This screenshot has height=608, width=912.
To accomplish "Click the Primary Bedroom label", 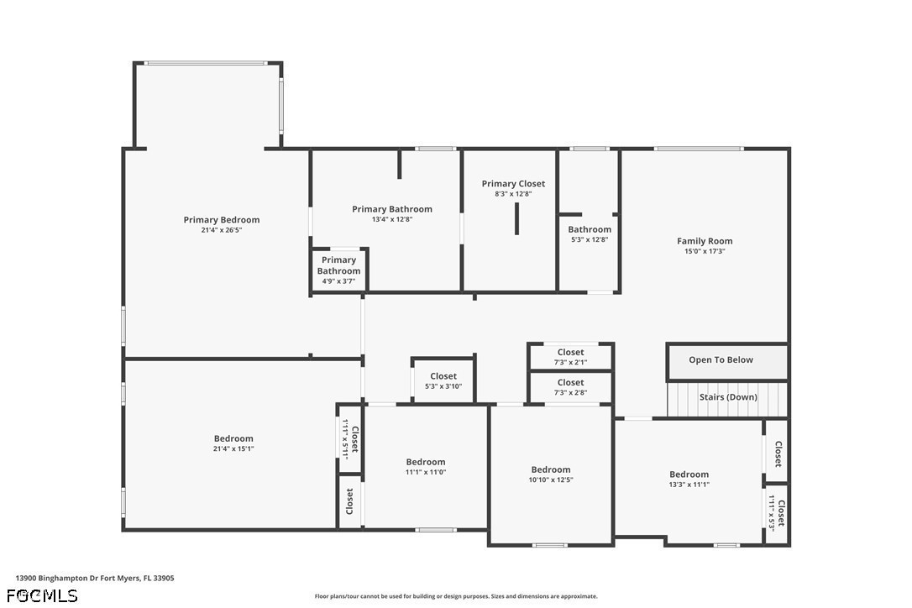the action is pos(222,220).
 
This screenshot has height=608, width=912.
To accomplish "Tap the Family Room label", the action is pos(705,241).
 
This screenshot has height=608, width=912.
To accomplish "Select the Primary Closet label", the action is pos(513,184).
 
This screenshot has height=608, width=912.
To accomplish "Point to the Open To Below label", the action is pos(721,359).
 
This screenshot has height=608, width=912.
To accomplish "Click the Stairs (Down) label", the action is pos(728,397).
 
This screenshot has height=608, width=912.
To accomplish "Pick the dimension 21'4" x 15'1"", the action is pos(233,448).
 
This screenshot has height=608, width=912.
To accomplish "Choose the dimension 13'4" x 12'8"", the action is pos(392,219).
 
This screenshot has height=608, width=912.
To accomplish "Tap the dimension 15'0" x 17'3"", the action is pos(705,251).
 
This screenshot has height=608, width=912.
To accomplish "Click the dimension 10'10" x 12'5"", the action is pos(550,480).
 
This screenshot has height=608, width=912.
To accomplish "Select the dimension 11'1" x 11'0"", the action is pos(425,473).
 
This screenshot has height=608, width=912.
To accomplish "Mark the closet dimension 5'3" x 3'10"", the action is pos(443,386).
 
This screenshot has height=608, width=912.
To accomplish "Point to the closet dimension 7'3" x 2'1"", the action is pos(570,363).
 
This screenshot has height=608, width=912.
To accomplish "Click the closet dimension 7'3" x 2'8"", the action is pos(570,393).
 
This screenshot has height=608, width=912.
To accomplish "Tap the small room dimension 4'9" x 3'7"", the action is pos(338,281).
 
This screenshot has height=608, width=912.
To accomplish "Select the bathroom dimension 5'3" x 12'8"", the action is pos(590,239).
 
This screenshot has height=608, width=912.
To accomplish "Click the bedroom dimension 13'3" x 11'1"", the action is pos(689,485).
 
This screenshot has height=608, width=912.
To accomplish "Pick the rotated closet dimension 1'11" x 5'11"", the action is pos(345,439).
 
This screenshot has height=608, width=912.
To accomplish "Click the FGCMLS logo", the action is pos(42,595).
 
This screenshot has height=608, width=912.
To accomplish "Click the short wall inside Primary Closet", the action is pos(516,218).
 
